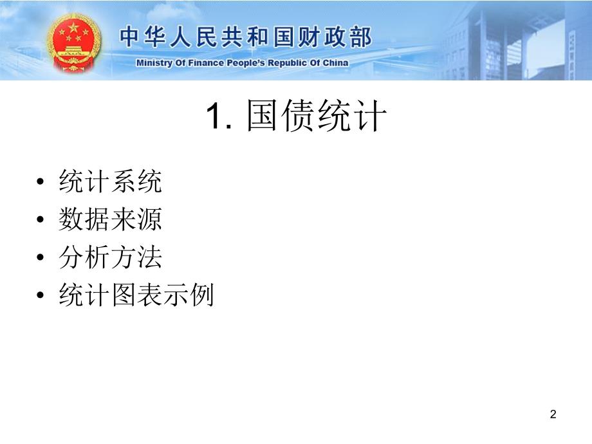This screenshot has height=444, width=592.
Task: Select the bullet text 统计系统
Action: pos(110,183)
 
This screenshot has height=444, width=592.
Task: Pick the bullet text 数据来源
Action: pos(110,221)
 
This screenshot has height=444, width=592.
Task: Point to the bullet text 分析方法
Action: pos(110,258)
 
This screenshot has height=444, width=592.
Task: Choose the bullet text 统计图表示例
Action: pos(136,296)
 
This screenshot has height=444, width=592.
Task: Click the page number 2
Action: pos(553,414)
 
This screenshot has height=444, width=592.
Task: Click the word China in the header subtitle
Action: pos(335,63)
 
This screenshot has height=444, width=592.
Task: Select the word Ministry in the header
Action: pos(153,63)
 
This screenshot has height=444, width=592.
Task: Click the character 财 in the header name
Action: pos(310,37)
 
